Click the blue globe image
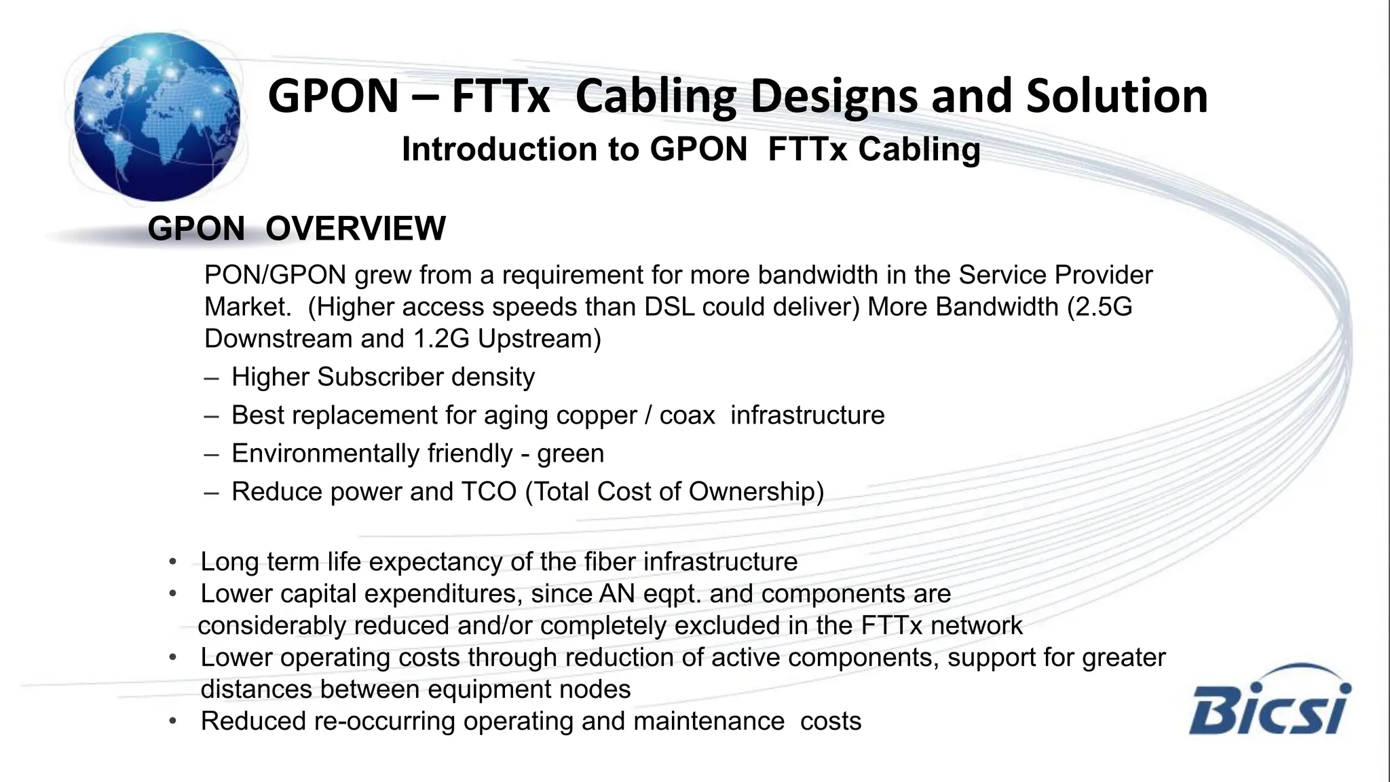(x=157, y=117)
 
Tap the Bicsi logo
(x=1270, y=702)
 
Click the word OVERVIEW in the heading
(x=356, y=228)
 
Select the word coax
(x=687, y=415)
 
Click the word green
(x=570, y=453)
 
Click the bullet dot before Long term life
(x=173, y=562)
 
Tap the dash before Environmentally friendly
(x=211, y=453)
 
